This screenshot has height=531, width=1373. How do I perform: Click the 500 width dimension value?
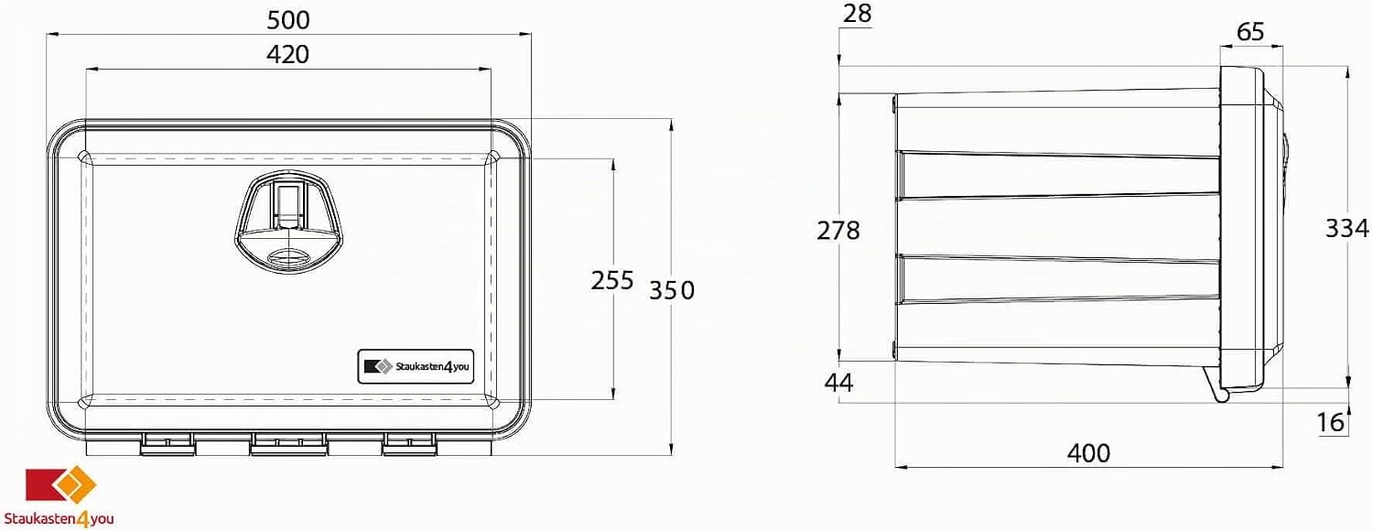point(288,20)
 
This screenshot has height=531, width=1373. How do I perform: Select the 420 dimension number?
point(288,55)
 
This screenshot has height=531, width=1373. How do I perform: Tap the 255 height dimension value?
point(611,280)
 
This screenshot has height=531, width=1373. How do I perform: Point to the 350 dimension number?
point(672,290)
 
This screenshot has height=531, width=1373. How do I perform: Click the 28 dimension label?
point(857,14)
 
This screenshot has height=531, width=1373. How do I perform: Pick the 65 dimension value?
point(1250,31)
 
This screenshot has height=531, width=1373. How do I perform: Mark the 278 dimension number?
point(838,231)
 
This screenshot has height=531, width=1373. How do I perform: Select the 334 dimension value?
point(1346,229)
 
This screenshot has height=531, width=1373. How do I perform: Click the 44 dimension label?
point(838,383)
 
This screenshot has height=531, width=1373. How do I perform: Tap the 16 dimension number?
point(1331,422)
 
